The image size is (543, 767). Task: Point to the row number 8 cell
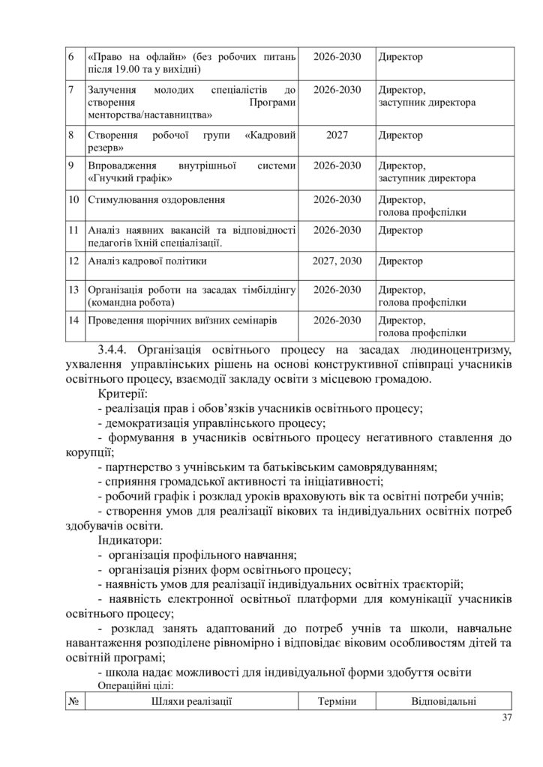click(70, 136)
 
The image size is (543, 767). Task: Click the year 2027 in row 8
click(337, 136)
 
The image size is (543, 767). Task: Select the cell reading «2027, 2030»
click(337, 261)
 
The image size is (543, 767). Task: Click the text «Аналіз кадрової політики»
click(147, 261)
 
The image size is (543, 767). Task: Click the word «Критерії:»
click(123, 393)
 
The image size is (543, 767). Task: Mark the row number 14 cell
click(73, 320)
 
